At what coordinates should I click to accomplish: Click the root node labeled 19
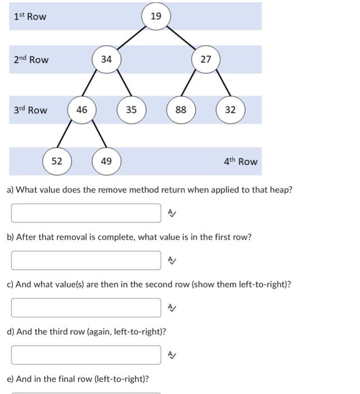coord(156,16)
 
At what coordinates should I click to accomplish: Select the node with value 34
coord(106,59)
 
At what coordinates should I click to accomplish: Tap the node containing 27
coord(206,59)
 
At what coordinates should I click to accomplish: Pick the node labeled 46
coord(82,110)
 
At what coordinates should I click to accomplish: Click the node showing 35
coord(131,110)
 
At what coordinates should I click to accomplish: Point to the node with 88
coord(181,110)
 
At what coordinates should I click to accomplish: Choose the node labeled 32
coord(230,110)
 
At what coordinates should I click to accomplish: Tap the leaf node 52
coord(57,161)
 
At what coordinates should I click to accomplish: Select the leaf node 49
coord(106,161)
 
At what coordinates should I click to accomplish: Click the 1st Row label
coord(30,16)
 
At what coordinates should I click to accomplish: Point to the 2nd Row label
coord(31,59)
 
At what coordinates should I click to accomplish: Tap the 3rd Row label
coord(31,110)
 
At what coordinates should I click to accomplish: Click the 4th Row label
coord(240,162)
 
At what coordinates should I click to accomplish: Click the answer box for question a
coord(86,213)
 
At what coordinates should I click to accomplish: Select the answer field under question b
coord(86,260)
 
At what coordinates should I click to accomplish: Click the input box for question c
coord(86,307)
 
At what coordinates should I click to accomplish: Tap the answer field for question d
coord(86,355)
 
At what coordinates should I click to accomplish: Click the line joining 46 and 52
coord(67,135)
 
